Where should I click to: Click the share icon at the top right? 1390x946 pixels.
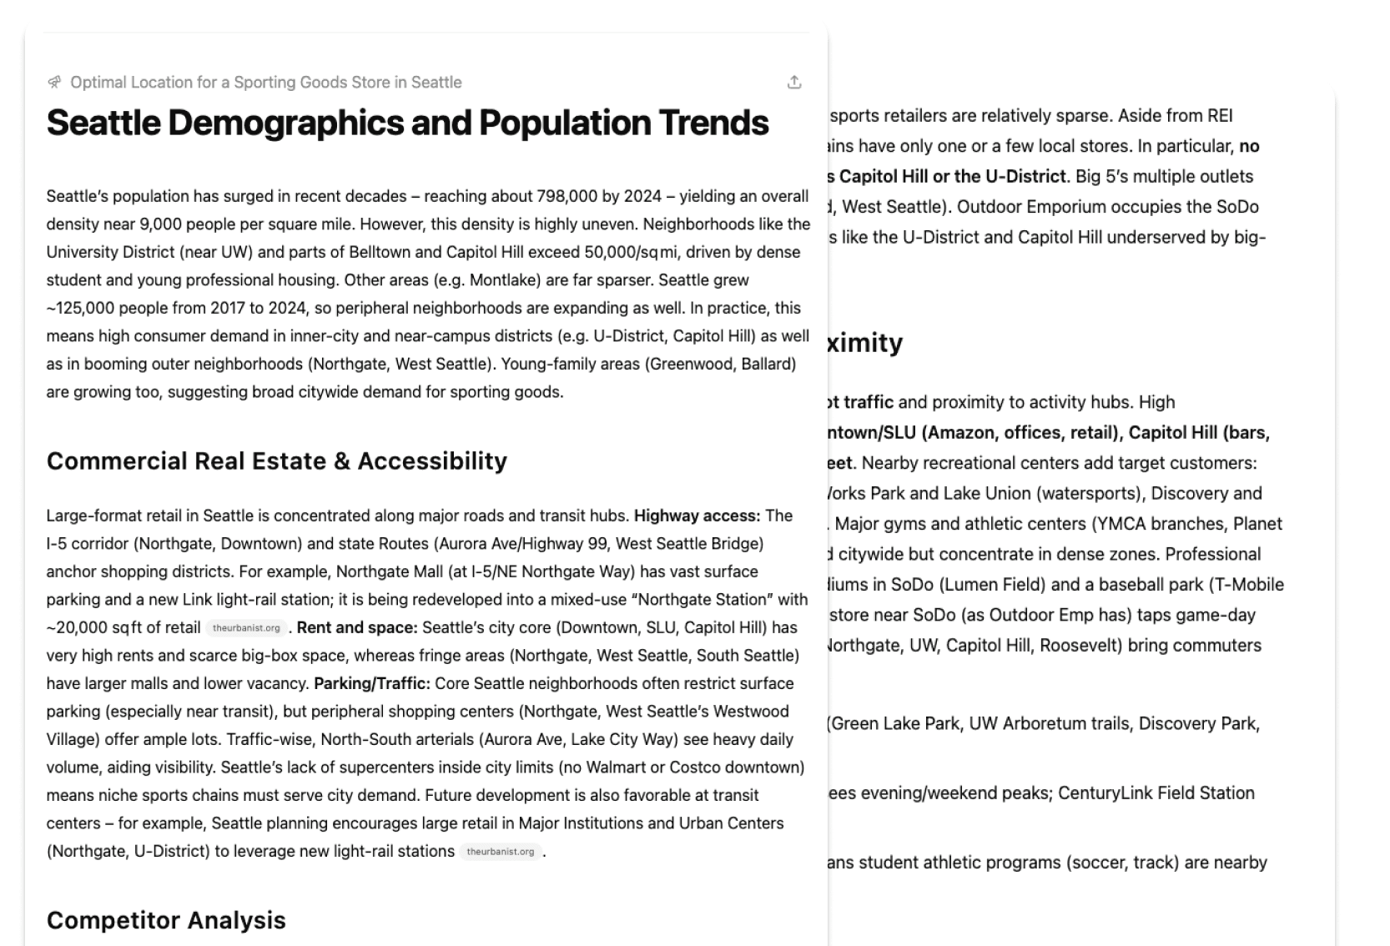(794, 83)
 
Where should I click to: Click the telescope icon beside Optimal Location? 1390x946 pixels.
(55, 82)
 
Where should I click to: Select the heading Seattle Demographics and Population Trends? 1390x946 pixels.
(407, 123)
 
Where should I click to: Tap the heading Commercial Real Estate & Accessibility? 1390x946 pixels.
(276, 460)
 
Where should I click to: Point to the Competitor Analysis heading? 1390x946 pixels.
(166, 920)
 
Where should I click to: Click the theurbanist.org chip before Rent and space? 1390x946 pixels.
(246, 628)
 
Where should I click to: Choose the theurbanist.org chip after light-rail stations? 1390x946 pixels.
(501, 852)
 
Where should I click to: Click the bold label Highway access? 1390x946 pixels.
(697, 516)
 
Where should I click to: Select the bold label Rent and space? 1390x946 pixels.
(357, 627)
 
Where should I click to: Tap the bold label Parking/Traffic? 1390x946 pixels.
(372, 683)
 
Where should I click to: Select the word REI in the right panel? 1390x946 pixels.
(1217, 115)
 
